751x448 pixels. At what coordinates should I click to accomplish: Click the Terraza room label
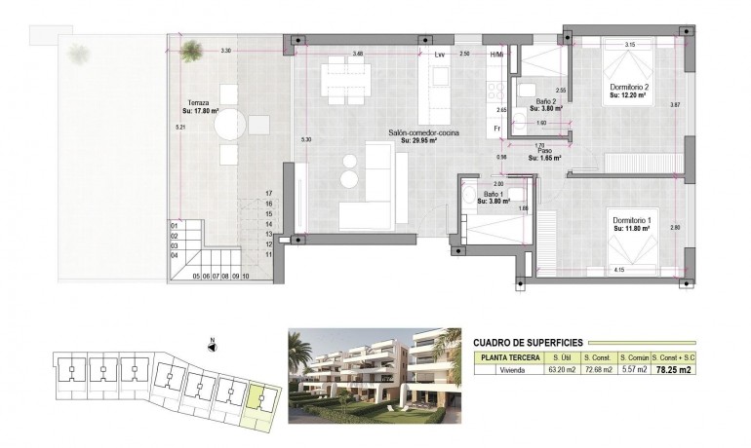click(200, 102)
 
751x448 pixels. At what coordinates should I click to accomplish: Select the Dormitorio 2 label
click(630, 88)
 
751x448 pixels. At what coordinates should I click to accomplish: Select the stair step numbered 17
click(267, 195)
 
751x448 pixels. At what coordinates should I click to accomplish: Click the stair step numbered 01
click(175, 226)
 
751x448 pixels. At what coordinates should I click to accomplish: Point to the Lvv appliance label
click(440, 55)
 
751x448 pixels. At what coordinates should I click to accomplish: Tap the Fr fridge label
click(497, 130)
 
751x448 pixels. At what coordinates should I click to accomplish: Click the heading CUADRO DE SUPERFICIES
click(527, 343)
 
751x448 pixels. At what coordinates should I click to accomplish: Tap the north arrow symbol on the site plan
click(213, 345)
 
